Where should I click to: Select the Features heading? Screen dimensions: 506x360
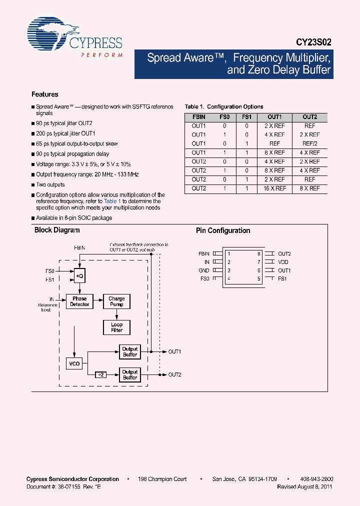[44, 94]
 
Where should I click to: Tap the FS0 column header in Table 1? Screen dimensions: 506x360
[224, 117]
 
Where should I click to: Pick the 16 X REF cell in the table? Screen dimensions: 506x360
[274, 188]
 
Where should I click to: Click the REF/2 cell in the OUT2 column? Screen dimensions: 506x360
[310, 143]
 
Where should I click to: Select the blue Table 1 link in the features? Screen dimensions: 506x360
[112, 201]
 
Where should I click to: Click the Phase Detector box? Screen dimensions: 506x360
[79, 301]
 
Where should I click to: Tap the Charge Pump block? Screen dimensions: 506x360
[116, 301]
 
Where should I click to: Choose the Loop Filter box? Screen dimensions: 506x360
[116, 327]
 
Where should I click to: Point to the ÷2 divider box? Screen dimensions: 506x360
[100, 374]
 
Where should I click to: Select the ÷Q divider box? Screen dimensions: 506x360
[79, 275]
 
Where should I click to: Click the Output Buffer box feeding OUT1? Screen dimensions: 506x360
[130, 351]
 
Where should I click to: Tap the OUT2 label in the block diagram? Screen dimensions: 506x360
[174, 374]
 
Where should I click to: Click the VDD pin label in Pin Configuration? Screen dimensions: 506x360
[283, 262]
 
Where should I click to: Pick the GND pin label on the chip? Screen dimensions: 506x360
[204, 270]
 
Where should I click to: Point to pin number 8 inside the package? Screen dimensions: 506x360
[258, 254]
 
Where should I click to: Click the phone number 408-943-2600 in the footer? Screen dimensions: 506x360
[316, 479]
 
